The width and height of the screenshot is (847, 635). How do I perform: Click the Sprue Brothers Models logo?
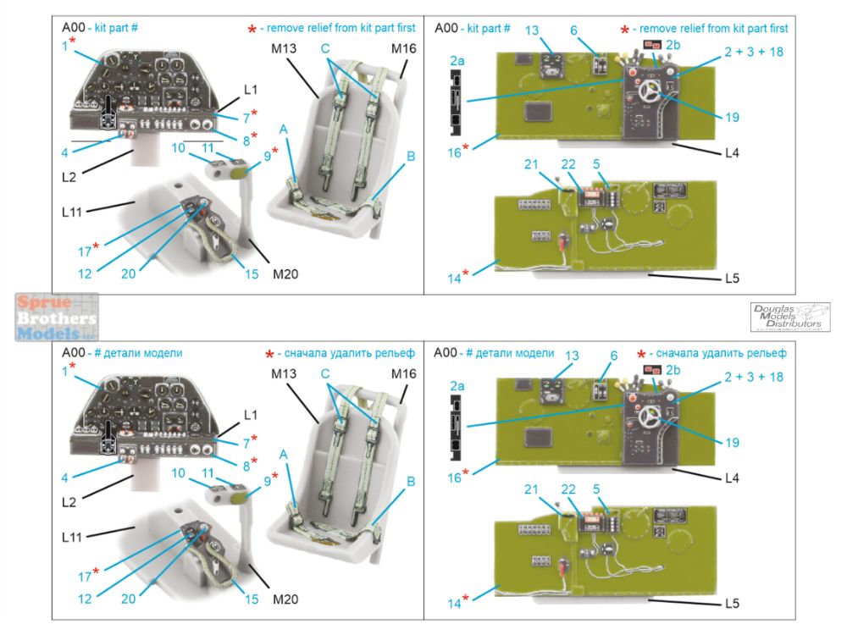pyautogui.click(x=57, y=317)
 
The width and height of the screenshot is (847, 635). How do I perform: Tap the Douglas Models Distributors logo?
pyautogui.click(x=789, y=316)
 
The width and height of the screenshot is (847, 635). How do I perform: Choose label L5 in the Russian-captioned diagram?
pyautogui.click(x=733, y=603)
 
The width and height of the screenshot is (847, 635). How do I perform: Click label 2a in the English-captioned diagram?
pyautogui.click(x=457, y=61)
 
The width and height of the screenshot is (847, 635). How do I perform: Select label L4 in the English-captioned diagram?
pyautogui.click(x=733, y=153)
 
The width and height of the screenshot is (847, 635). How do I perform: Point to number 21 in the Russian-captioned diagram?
pyautogui.click(x=531, y=489)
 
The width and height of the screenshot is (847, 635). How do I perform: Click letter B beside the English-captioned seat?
pyautogui.click(x=410, y=157)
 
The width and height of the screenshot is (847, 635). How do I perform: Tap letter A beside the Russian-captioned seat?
pyautogui.click(x=283, y=454)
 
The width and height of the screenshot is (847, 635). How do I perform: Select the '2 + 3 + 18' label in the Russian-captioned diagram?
pyautogui.click(x=754, y=376)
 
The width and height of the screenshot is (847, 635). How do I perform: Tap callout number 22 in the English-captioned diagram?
pyautogui.click(x=568, y=164)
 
